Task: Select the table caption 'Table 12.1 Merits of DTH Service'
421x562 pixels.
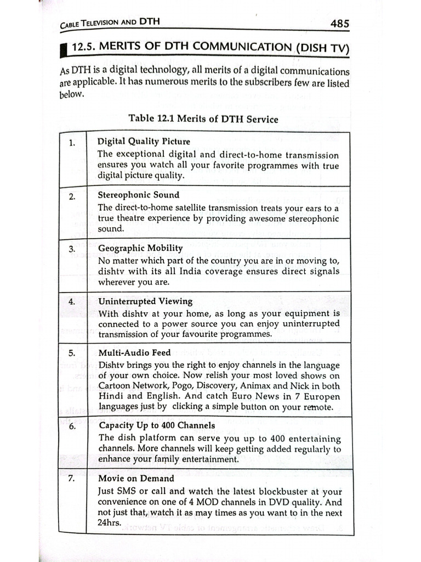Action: click(203, 118)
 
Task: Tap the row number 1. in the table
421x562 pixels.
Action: click(73, 144)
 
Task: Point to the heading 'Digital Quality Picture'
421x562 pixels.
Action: click(144, 142)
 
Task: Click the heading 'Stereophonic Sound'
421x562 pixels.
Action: click(138, 195)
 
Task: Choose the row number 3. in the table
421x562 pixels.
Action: click(72, 249)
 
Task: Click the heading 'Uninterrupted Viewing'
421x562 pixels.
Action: click(145, 301)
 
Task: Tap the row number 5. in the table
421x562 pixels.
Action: click(72, 353)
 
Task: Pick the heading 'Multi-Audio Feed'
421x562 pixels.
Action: click(135, 352)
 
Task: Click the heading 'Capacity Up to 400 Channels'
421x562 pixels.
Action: click(157, 425)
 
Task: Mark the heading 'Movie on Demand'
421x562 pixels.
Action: click(136, 479)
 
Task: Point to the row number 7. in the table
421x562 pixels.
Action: click(71, 479)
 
